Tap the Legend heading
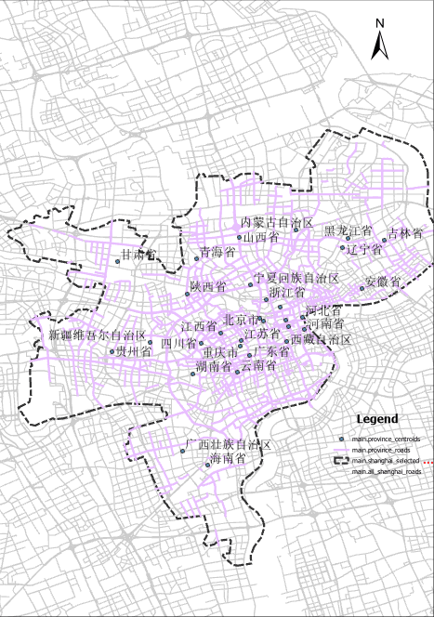pos(377,419)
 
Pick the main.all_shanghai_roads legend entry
pos(387,472)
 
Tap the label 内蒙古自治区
pos(277,224)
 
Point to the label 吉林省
pos(405,232)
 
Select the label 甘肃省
pos(138,255)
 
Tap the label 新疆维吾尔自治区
pos(98,335)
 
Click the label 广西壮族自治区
pos(227,445)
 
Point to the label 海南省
pos(227,459)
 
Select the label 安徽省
pos(382,281)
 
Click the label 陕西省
pos(207,287)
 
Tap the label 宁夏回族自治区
pos(296,278)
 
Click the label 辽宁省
pos(363,249)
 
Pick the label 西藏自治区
pos(321,340)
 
